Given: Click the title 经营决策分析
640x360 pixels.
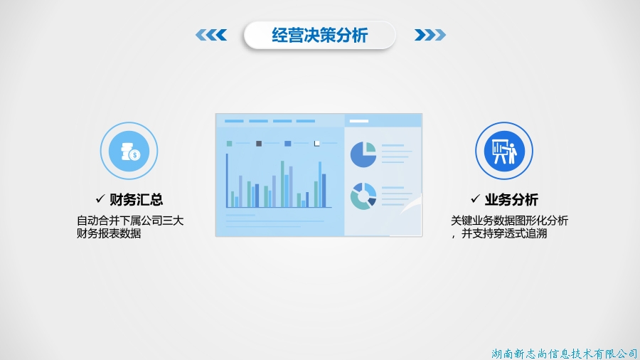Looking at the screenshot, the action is [319, 35].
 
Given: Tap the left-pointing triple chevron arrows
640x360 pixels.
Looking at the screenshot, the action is [211, 35].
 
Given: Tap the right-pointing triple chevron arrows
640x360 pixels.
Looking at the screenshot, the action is [430, 35].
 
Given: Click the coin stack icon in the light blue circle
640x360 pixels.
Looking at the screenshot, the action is [130, 152].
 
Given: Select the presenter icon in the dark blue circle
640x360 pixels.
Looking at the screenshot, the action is [504, 152].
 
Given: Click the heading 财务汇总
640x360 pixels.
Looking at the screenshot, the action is [137, 200].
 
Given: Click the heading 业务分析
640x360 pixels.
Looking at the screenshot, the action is [511, 200].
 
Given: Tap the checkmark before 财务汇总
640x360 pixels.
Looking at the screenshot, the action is [100, 198].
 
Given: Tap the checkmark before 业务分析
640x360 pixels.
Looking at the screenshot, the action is [475, 198].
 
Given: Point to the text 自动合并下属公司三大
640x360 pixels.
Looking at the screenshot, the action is [130, 221].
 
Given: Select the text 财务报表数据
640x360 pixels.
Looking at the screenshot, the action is [109, 233].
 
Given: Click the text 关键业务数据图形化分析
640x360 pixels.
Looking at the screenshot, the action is [509, 221].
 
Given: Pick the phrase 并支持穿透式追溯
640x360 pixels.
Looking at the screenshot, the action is [504, 233].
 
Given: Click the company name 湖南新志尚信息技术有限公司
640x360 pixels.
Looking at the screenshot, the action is [565, 354].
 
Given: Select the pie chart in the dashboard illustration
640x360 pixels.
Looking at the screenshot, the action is [363, 154].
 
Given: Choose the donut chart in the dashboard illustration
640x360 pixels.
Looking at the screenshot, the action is [363, 196].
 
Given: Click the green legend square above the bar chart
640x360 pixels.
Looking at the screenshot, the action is [230, 143].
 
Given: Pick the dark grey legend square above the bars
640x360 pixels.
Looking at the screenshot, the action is [259, 143].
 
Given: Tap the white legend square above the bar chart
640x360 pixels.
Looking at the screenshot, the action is [316, 143].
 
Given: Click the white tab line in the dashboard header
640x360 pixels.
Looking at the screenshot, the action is [359, 121].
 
